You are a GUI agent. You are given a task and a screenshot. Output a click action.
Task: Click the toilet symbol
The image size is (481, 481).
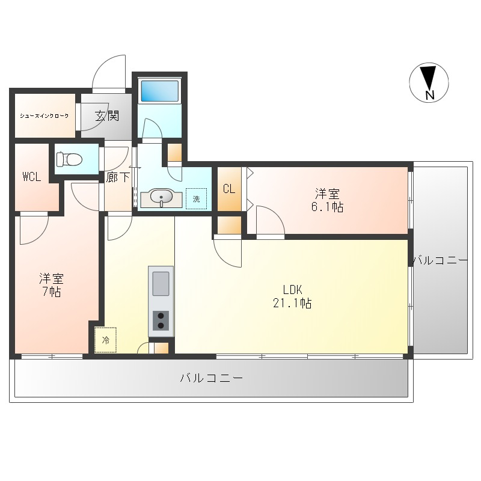click(x=69, y=159)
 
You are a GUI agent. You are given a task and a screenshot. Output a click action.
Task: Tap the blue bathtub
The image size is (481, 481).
click(x=159, y=91)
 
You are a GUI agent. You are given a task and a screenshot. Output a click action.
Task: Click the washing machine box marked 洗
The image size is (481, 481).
click(x=197, y=199)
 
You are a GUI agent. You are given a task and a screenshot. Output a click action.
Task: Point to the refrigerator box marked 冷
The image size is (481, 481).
click(x=106, y=340)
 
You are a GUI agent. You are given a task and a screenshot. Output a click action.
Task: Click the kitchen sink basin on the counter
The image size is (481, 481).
click(x=161, y=283)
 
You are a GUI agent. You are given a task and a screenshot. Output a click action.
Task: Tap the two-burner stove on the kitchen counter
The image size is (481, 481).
click(x=161, y=320)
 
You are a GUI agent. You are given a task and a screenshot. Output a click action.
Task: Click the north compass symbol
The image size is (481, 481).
click(x=429, y=82)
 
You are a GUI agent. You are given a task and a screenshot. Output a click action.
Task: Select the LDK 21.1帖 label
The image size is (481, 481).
click(x=292, y=296)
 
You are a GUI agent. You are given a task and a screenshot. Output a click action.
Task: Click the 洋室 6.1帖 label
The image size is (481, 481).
click(x=327, y=200)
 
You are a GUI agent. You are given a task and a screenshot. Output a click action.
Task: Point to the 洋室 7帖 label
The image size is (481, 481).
click(x=51, y=285)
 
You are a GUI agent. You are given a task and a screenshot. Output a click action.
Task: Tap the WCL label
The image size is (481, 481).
click(x=32, y=177)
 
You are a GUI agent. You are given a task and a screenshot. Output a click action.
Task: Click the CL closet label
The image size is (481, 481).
click(x=229, y=189)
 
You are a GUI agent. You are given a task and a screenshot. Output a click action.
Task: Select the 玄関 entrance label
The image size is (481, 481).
click(x=107, y=115)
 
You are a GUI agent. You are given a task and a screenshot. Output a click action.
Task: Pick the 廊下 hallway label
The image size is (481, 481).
click(x=118, y=177)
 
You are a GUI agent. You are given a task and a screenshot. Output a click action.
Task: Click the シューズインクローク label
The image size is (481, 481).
click(x=44, y=115)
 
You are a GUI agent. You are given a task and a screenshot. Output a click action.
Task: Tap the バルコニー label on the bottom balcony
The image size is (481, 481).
click(x=212, y=378)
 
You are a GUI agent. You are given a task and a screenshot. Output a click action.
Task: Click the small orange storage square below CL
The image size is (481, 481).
click(x=229, y=225)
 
